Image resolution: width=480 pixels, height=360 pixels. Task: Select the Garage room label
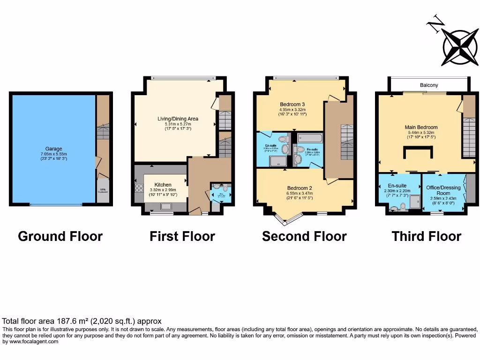click(x=53, y=149)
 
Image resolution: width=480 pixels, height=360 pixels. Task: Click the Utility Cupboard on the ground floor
click(x=103, y=192)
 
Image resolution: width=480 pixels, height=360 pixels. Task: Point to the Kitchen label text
click(x=163, y=185)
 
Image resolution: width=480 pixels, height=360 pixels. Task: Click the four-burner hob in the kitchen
click(x=139, y=187)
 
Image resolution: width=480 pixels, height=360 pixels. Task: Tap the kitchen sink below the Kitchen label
click(x=166, y=206)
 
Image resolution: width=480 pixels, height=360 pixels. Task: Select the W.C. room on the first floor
click(x=220, y=194)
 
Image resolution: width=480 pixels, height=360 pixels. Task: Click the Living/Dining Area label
click(x=178, y=119)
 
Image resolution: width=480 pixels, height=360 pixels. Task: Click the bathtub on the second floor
click(x=310, y=138)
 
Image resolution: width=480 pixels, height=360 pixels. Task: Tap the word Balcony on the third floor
click(x=429, y=85)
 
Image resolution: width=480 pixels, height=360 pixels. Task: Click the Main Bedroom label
click(x=421, y=127)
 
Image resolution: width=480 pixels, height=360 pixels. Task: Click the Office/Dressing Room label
click(x=443, y=190)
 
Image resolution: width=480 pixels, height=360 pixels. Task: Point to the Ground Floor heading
click(x=60, y=236)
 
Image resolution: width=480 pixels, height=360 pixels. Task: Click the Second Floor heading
click(x=304, y=236)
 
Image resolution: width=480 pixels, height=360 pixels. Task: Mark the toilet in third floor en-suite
click(x=403, y=206)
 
